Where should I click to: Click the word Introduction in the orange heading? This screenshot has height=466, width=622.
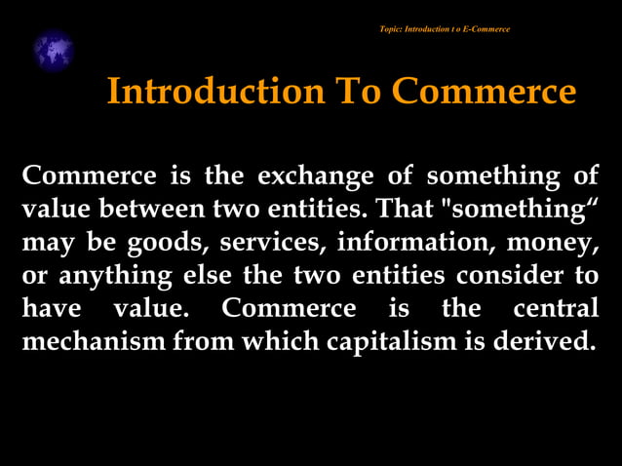214,92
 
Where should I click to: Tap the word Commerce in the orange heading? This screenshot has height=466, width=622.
485,92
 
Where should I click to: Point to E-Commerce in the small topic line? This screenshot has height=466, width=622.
484,29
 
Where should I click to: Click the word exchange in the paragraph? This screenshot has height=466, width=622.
316,176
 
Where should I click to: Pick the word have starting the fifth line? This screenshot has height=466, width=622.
51,308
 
